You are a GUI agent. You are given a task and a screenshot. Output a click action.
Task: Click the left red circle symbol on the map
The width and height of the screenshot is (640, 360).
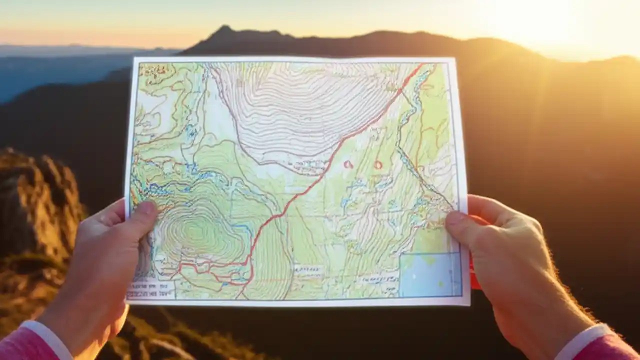coord(348,164)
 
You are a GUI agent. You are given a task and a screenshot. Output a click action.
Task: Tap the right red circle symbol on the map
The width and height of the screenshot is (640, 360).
coord(378,164)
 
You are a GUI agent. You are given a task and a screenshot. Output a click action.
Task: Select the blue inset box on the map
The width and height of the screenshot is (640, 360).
coord(430,274)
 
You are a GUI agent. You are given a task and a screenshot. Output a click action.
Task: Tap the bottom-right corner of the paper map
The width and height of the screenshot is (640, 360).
coord(469,303)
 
